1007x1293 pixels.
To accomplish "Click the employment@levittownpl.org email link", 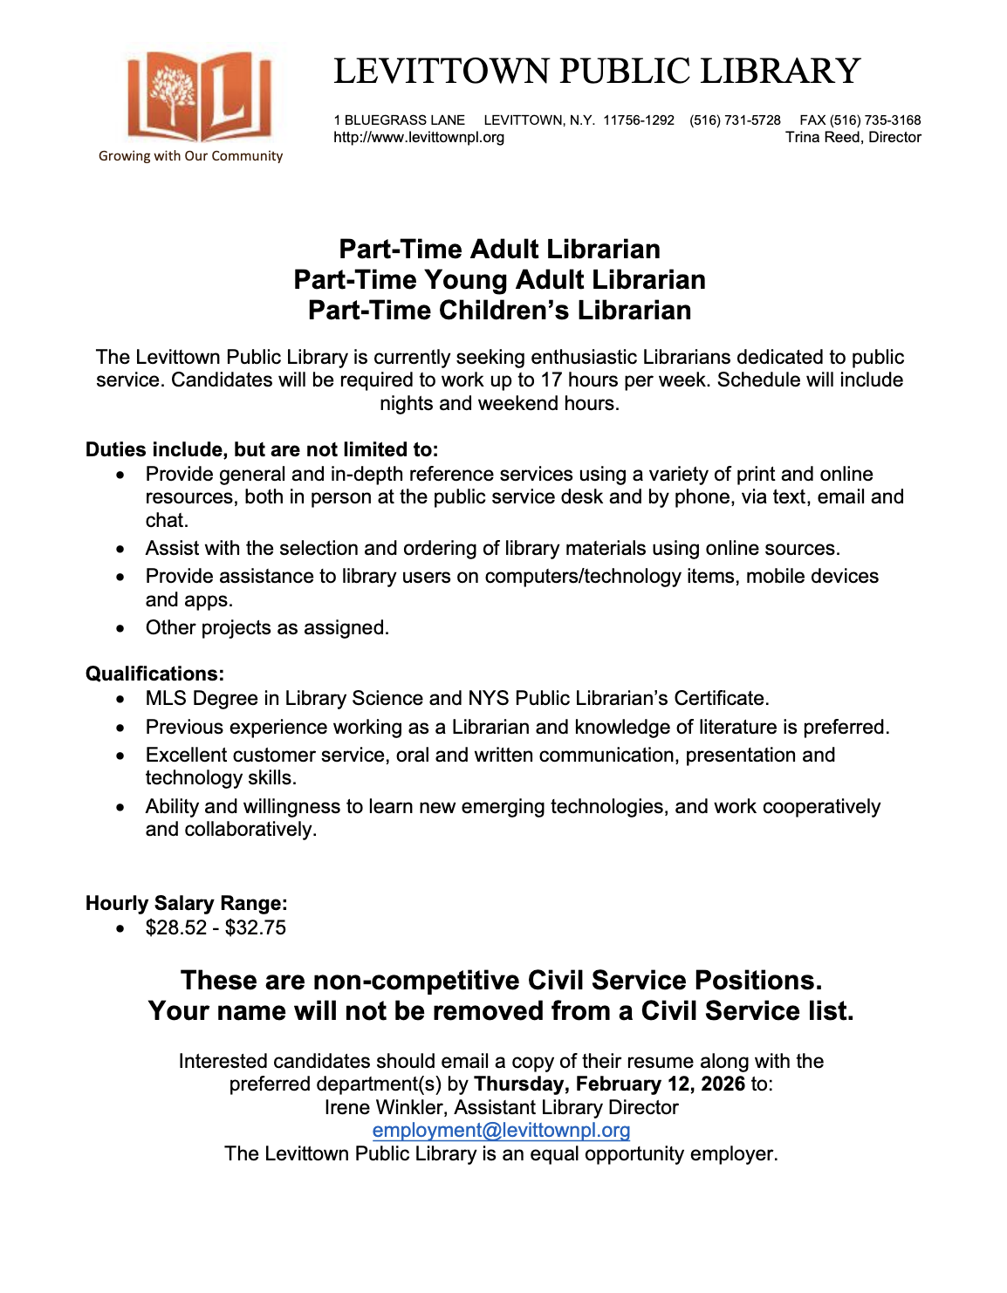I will click(x=501, y=1131).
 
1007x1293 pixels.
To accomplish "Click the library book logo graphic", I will click(x=200, y=97).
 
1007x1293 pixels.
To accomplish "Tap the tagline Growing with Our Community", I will click(x=190, y=156).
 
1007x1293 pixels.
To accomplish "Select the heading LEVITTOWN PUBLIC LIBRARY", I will click(x=597, y=72).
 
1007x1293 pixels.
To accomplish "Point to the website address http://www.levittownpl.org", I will click(x=419, y=138).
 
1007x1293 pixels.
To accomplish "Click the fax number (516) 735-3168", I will click(x=875, y=120).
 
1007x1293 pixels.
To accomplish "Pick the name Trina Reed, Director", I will click(x=853, y=138).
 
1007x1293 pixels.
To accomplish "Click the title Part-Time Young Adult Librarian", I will click(x=499, y=280).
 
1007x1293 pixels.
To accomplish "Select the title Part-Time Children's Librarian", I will click(x=499, y=311).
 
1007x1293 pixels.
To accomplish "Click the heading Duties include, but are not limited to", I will click(x=262, y=450).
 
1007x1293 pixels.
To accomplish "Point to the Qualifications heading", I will click(x=154, y=674).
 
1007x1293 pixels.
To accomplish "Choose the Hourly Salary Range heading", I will click(x=186, y=904).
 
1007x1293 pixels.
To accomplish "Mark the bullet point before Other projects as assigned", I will click(x=120, y=629).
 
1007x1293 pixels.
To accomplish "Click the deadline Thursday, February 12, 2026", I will click(x=609, y=1084).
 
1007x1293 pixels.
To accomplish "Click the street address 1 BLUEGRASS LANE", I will click(x=399, y=120).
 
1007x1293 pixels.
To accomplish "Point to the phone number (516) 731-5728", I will click(x=735, y=120).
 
